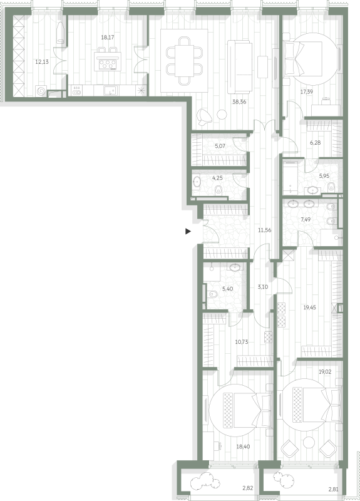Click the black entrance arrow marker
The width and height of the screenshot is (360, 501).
click(188, 231)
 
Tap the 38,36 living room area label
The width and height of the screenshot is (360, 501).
click(239, 102)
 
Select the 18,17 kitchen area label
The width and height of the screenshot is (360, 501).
click(108, 38)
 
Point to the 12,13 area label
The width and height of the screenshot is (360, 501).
click(42, 61)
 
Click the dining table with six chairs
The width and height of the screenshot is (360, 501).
click(184, 61)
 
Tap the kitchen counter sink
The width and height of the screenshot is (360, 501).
click(110, 91)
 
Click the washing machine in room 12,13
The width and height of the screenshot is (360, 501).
click(41, 91)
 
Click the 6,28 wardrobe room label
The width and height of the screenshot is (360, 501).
click(316, 143)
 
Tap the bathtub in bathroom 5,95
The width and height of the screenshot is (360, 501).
click(291, 178)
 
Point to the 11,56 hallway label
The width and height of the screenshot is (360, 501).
click(264, 230)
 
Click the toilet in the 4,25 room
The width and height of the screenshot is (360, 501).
click(219, 189)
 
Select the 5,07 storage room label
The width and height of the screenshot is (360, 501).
click(220, 147)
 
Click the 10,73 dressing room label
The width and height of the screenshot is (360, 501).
click(242, 342)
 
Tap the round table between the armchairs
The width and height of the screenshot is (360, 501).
click(309, 443)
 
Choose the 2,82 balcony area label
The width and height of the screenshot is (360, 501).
click(247, 488)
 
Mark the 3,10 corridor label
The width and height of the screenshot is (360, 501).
click(263, 287)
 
